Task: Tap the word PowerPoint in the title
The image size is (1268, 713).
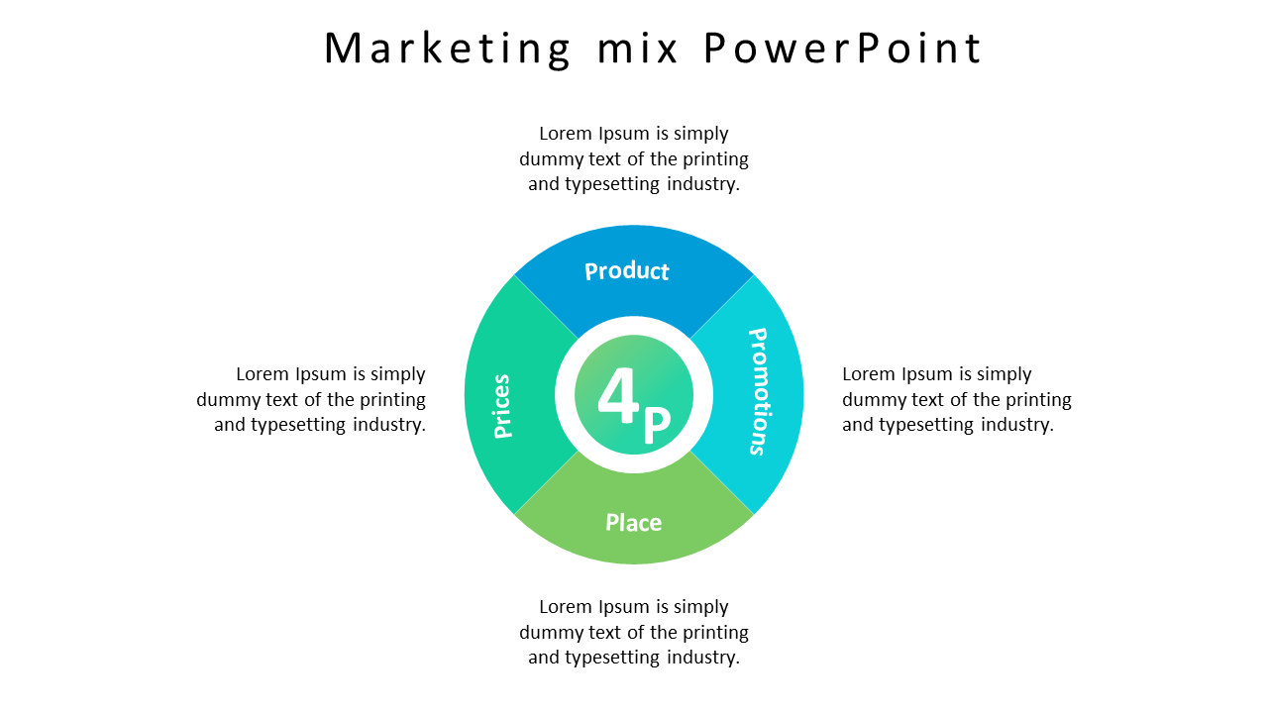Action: pos(843,49)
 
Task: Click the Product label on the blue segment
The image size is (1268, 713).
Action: pos(627,271)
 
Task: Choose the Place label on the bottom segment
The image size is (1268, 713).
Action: pos(634,522)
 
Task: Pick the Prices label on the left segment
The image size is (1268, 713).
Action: pos(502,406)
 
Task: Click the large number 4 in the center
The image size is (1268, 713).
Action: pos(619,397)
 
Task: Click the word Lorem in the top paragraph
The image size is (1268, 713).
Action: pos(566,134)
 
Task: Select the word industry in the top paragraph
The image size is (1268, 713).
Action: pos(703,184)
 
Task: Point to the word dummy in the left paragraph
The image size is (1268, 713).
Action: pos(228,400)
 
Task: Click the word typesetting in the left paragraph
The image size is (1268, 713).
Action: pos(299,425)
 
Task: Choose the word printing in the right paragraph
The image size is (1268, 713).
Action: pos(1037,400)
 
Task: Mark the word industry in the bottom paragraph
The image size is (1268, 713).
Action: pos(703,658)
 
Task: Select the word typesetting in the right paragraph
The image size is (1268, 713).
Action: pos(927,425)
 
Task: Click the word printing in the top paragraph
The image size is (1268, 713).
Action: pos(714,159)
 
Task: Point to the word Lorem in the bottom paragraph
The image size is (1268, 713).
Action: pos(566,607)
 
